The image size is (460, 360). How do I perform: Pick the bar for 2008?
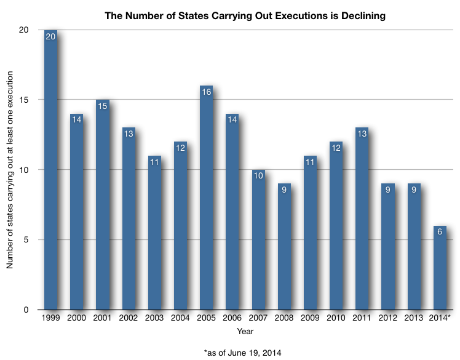(284, 247)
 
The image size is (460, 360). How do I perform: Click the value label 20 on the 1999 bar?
(50, 36)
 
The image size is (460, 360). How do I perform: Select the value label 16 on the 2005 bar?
(206, 92)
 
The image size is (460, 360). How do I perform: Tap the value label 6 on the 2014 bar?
(440, 232)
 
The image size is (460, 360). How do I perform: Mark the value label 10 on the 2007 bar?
(258, 176)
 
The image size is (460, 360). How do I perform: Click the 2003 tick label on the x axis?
(154, 318)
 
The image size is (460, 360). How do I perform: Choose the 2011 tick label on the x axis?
(362, 318)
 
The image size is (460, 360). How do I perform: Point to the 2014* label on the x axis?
(441, 318)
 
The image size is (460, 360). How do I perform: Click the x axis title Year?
(245, 331)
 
